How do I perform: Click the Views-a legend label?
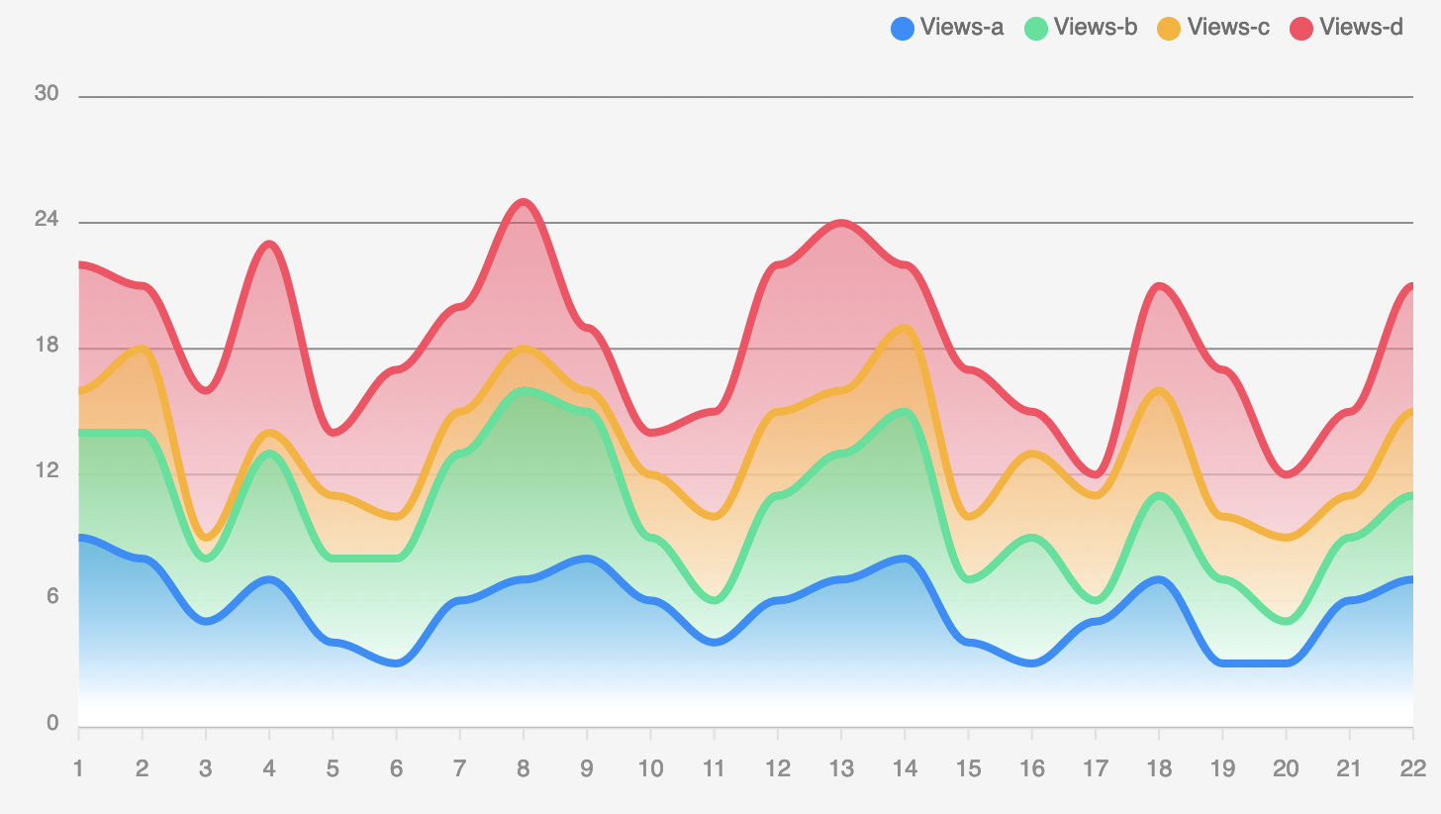click(961, 28)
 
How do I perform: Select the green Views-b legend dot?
click(1035, 28)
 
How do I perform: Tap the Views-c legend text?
click(1228, 28)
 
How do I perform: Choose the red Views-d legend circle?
click(1301, 28)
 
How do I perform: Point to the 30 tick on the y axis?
click(47, 94)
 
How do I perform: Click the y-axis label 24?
click(47, 220)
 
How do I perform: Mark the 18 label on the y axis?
click(47, 346)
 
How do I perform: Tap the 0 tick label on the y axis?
click(52, 724)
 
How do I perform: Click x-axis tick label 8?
click(523, 768)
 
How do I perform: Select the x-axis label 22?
click(1412, 768)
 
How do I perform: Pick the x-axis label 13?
click(840, 768)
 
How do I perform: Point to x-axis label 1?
click(78, 768)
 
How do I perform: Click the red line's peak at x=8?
click(523, 202)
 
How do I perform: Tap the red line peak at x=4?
click(269, 244)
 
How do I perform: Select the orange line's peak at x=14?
click(904, 328)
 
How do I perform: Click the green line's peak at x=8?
click(523, 390)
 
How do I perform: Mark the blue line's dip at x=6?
click(396, 663)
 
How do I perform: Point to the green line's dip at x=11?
click(714, 600)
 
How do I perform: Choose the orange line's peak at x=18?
click(1158, 390)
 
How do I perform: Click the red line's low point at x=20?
click(1286, 475)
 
